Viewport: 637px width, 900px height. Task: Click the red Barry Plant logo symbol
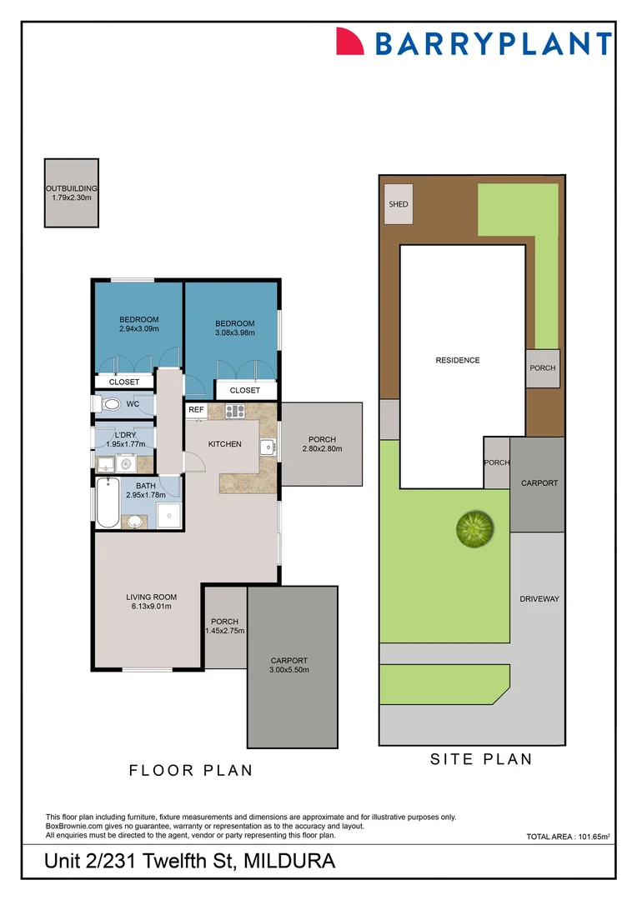click(350, 41)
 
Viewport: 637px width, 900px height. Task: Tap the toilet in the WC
click(109, 404)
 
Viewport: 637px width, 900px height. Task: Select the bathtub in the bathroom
click(108, 502)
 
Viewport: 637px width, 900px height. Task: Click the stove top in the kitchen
click(234, 410)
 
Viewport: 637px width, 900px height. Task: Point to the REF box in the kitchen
click(196, 410)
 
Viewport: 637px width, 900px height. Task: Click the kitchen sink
click(268, 447)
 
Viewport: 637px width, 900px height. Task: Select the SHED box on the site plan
click(398, 203)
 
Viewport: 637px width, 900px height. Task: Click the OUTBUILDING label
click(72, 188)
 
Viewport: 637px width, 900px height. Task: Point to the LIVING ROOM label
click(151, 597)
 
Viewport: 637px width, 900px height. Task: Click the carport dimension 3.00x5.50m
click(288, 670)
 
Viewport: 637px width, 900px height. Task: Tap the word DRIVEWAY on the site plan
click(539, 599)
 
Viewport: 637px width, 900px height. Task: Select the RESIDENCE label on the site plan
click(458, 360)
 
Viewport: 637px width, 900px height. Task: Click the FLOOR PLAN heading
click(190, 771)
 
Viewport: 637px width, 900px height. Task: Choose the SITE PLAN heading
click(480, 759)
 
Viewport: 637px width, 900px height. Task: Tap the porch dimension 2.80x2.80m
click(322, 449)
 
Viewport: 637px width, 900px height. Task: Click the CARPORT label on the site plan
click(539, 482)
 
